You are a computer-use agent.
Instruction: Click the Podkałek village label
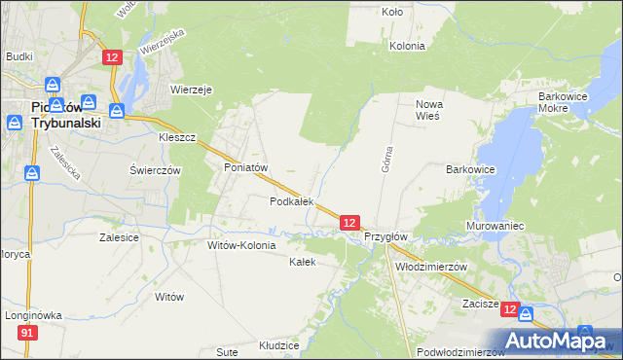pyautogui.click(x=291, y=201)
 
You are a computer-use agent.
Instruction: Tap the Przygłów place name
pyautogui.click(x=385, y=236)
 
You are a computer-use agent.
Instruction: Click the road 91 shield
pyautogui.click(x=27, y=334)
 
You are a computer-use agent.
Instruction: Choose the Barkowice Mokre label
pyautogui.click(x=567, y=104)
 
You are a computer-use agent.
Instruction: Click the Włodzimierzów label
pyautogui.click(x=432, y=266)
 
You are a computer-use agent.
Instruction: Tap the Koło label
pyautogui.click(x=392, y=13)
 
